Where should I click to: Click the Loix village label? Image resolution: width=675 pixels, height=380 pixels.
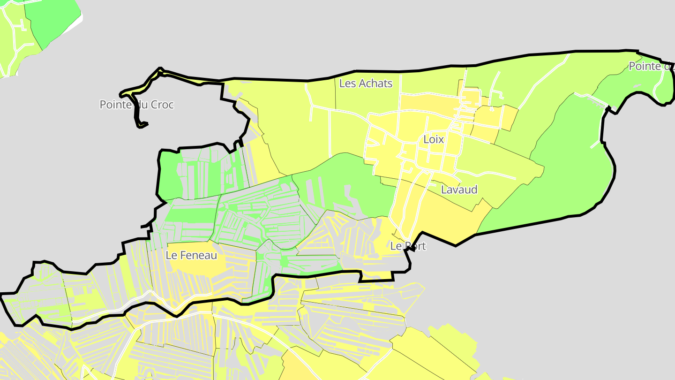(433, 139)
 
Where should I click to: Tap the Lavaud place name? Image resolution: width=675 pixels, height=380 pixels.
(459, 190)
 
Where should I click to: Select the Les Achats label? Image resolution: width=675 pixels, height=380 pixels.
(365, 84)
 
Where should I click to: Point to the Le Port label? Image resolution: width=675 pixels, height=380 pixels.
(408, 246)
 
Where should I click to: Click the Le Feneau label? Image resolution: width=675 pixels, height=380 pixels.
(191, 255)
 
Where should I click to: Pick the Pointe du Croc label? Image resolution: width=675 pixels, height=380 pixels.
(136, 105)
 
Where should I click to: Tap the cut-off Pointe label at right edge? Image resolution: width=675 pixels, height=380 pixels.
(651, 66)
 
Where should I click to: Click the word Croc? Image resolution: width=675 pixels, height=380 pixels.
(162, 105)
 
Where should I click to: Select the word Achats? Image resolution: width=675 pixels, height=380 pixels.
(375, 84)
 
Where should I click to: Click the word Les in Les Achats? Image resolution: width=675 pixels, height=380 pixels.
(347, 84)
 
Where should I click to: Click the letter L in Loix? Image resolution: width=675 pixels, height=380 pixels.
(426, 139)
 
